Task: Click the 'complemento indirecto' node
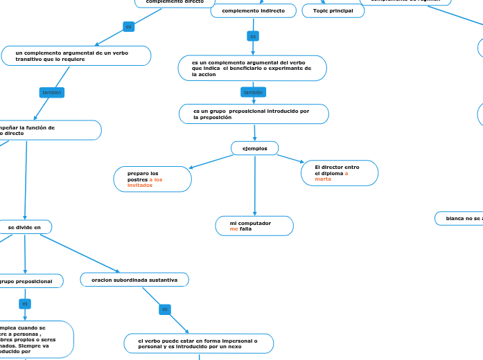coord(253,11)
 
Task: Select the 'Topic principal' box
coord(333,11)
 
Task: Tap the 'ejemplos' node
coord(254,148)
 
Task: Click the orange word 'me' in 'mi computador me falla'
coord(234,229)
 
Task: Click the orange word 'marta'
coord(323,179)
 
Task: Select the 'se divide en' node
coord(24,227)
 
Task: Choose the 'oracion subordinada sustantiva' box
coord(134,280)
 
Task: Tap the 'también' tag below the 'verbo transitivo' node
coord(52,92)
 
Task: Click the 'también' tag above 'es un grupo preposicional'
coord(252,92)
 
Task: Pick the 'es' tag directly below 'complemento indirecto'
coord(253,36)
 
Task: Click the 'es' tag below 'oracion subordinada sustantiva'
coord(165,309)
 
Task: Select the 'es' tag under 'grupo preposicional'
coord(25,304)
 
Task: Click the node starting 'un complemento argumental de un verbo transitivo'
coord(76,55)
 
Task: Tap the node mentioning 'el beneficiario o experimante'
coord(252,68)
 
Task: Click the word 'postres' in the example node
coord(137,179)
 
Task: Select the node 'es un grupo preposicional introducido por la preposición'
coord(252,114)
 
